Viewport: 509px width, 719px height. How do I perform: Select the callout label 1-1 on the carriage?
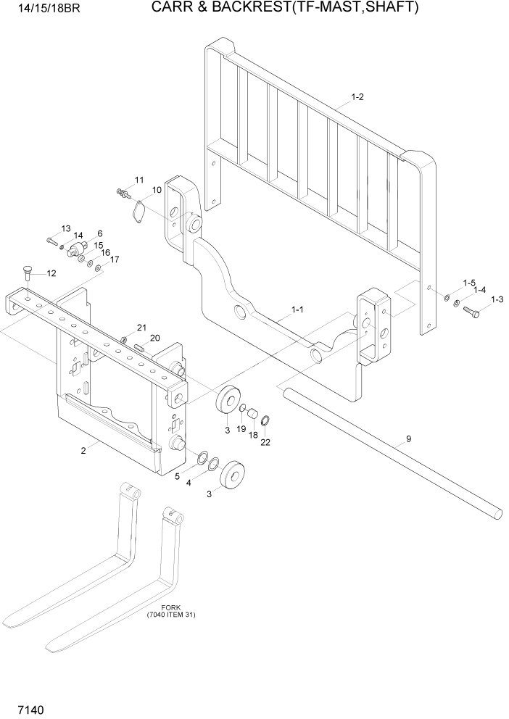297,309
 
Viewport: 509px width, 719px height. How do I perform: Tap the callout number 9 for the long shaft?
408,438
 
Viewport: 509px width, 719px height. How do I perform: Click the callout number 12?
51,273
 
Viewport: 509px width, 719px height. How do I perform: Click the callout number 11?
139,180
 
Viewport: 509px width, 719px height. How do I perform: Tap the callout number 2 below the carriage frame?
83,451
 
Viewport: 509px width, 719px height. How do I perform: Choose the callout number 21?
141,328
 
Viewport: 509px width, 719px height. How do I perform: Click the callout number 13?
66,228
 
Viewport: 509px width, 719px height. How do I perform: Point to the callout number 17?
114,259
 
